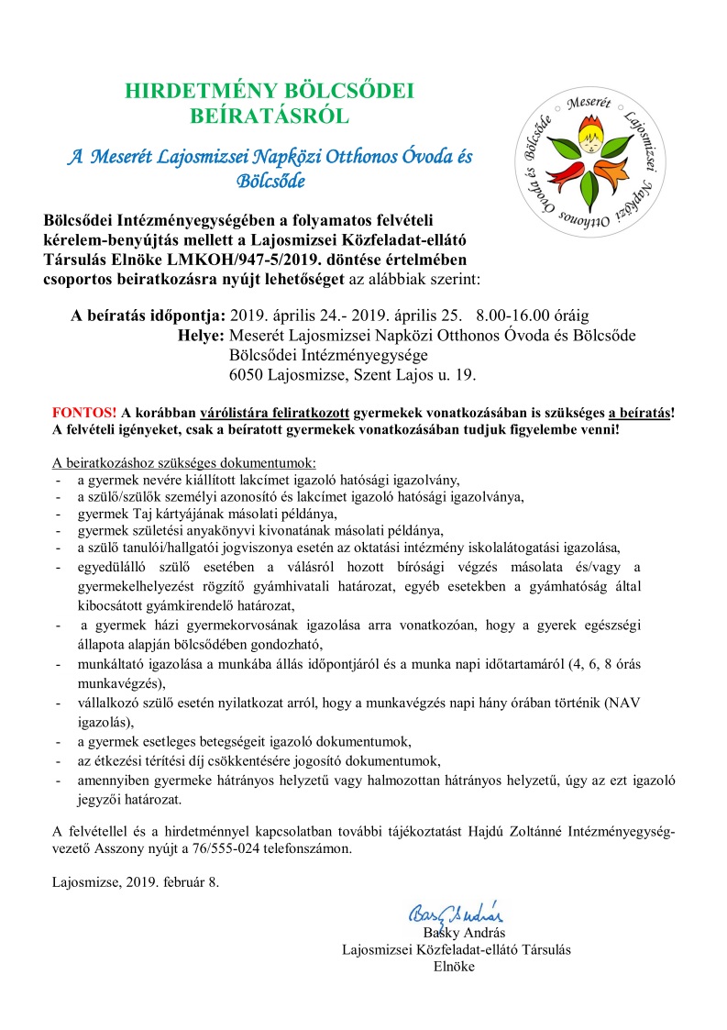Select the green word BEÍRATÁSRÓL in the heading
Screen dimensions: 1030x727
pyautogui.click(x=270, y=116)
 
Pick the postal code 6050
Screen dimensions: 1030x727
pyautogui.click(x=249, y=374)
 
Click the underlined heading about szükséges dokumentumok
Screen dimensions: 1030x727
pyautogui.click(x=184, y=462)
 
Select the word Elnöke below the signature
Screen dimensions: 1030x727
pyautogui.click(x=455, y=966)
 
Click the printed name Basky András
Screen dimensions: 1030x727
pyautogui.click(x=456, y=933)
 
